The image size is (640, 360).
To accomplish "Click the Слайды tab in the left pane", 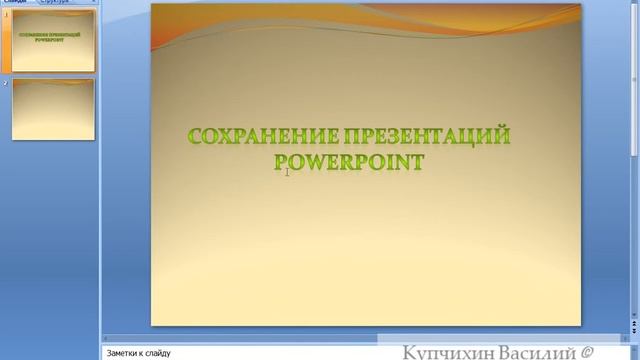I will pyautogui.click(x=14, y=3).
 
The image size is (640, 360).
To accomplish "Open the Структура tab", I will pyautogui.click(x=54, y=3).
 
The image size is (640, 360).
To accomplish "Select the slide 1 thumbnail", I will pyautogui.click(x=53, y=43).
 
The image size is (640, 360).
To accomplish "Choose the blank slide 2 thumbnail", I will pyautogui.click(x=53, y=109).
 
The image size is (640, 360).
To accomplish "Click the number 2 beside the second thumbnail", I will pyautogui.click(x=5, y=83).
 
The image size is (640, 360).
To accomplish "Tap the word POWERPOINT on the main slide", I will pyautogui.click(x=349, y=161).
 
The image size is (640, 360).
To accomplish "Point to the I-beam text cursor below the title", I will pyautogui.click(x=287, y=173).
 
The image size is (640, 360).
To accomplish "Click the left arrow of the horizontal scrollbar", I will pyautogui.click(x=107, y=337).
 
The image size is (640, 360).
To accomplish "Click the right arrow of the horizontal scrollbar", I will pyautogui.click(x=625, y=337).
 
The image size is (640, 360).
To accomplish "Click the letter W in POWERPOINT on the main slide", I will pyautogui.click(x=312, y=161).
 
